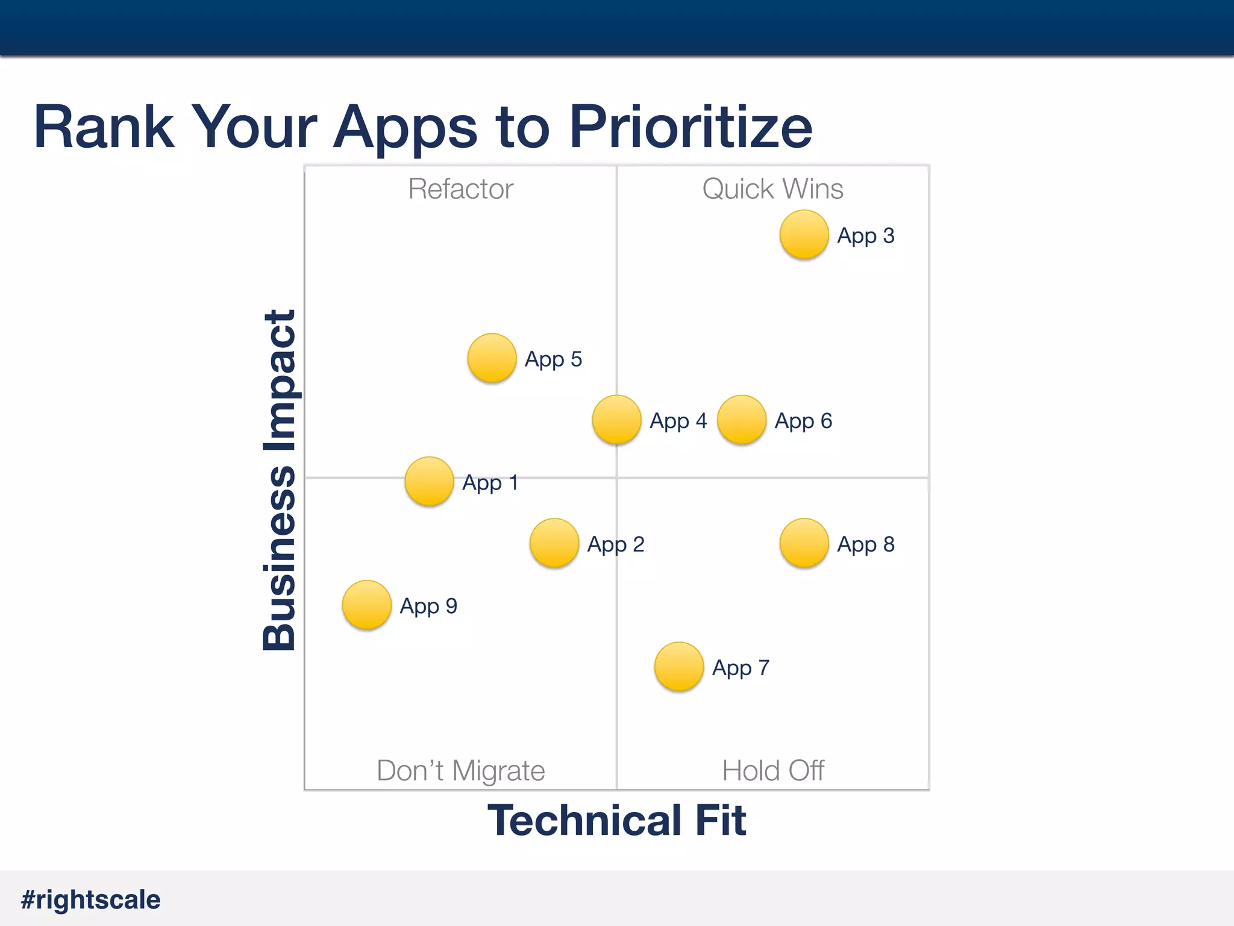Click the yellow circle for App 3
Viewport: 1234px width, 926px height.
coord(804,235)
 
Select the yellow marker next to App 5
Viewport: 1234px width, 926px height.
coord(492,358)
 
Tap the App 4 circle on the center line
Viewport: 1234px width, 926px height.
coord(616,420)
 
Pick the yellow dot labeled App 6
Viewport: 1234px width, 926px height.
coord(741,420)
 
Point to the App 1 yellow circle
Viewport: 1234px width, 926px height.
coord(429,481)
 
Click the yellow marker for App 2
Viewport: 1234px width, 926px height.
coord(554,543)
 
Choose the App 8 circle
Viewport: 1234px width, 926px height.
coord(804,543)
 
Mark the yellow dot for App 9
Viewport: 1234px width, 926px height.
coord(366,605)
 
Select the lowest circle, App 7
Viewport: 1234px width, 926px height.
coord(678,666)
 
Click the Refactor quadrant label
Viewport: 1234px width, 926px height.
coord(460,189)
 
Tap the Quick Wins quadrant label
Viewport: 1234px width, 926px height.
coord(772,189)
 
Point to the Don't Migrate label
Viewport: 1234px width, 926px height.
coord(460,770)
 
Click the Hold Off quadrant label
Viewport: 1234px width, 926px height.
coord(772,770)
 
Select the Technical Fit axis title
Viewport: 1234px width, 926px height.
coord(616,820)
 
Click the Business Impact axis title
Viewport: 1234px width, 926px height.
coord(280,480)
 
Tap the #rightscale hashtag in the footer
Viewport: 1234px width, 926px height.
coord(90,899)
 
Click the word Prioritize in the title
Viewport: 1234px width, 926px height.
coord(691,128)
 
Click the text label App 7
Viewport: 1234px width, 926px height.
coord(741,668)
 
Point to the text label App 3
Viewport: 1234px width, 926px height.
coord(865,236)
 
